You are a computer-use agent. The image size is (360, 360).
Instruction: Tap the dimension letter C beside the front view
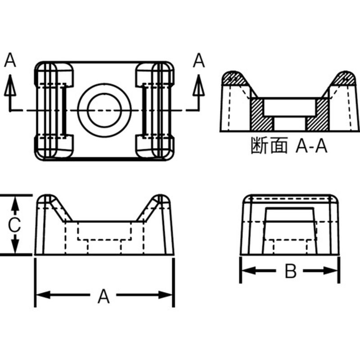[15, 225]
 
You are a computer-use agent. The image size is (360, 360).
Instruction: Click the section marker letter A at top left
[10, 60]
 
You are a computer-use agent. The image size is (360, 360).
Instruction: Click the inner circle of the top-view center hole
[104, 110]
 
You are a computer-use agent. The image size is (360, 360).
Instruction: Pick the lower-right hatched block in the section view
[319, 115]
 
